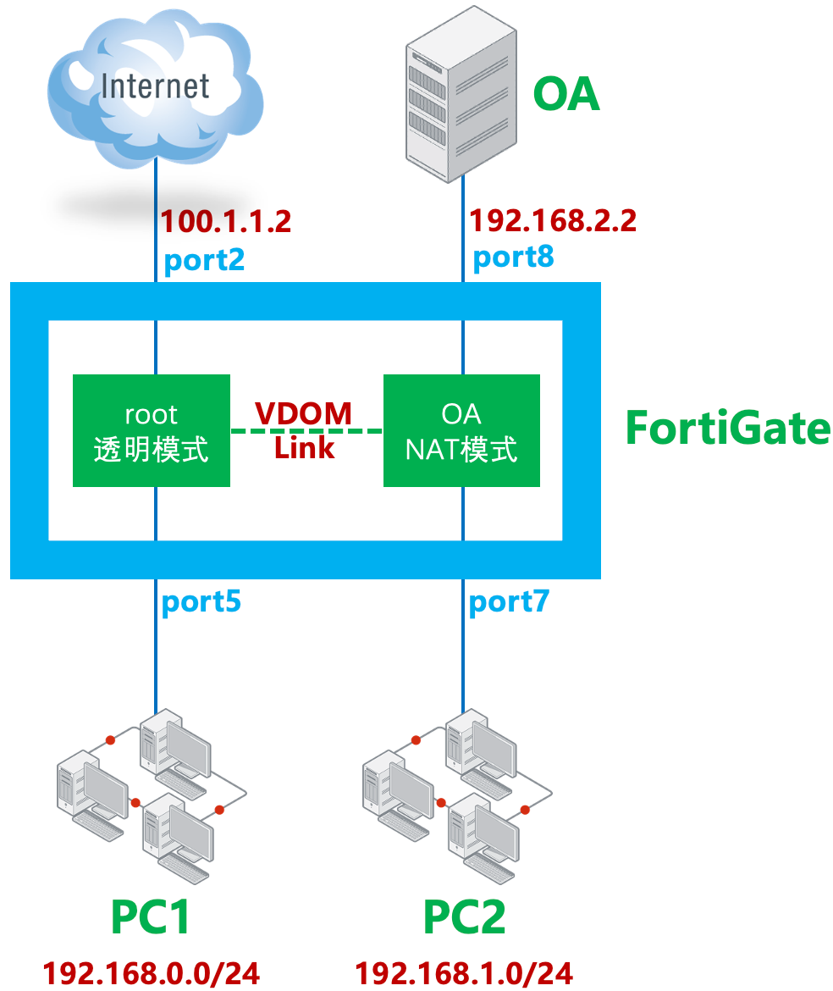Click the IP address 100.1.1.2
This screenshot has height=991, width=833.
(226, 222)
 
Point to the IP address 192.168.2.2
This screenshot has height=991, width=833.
(552, 222)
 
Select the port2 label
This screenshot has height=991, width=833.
(204, 259)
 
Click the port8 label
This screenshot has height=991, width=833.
(513, 257)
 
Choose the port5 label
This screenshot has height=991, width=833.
(201, 601)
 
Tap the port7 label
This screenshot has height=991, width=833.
(509, 601)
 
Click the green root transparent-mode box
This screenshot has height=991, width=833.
(152, 431)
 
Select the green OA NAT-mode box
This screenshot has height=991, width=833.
(461, 431)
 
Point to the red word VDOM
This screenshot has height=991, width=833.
(304, 413)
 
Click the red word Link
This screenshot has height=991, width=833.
(304, 447)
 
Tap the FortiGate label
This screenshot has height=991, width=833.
(727, 429)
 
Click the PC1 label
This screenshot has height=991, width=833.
(152, 917)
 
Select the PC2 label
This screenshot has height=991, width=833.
(464, 917)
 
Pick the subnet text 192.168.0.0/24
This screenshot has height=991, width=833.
(152, 972)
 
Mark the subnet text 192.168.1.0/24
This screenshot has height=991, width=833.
(464, 972)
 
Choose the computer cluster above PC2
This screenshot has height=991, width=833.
(457, 789)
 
